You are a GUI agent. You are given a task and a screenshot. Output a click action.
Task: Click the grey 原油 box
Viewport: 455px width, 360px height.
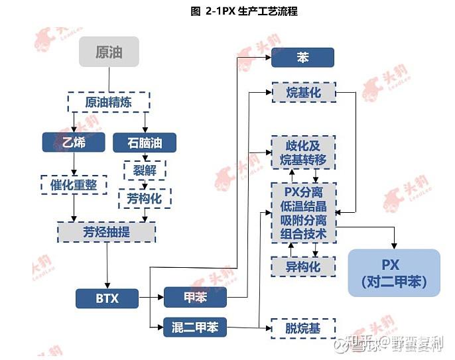tap(109, 52)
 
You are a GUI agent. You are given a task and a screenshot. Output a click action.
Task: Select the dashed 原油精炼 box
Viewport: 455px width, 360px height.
tap(109, 102)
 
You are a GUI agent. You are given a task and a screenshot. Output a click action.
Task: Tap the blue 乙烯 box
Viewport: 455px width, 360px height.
tap(74, 142)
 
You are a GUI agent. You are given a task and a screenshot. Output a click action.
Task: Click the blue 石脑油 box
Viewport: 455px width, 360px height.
tap(144, 142)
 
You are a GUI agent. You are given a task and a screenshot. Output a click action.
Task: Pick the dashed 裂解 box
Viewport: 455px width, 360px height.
tap(144, 170)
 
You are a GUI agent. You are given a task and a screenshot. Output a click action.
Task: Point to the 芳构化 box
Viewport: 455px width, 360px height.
tap(144, 198)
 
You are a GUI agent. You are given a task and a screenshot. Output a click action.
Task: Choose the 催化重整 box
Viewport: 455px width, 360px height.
tap(74, 185)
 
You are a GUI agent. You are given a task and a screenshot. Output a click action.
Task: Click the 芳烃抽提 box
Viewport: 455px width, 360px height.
tap(107, 231)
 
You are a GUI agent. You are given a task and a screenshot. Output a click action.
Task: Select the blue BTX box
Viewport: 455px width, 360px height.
tap(107, 298)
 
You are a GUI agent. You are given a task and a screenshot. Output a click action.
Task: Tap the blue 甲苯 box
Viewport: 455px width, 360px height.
tap(195, 298)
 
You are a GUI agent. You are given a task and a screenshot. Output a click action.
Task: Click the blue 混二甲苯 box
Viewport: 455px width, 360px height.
tap(195, 326)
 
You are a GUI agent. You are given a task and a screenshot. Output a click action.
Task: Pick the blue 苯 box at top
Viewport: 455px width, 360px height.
tap(302, 58)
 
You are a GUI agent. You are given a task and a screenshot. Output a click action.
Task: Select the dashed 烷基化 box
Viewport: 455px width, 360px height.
tap(303, 93)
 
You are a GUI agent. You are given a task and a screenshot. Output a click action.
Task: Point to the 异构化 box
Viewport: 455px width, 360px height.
tap(303, 267)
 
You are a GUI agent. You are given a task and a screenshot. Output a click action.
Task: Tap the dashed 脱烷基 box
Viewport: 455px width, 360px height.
tap(303, 327)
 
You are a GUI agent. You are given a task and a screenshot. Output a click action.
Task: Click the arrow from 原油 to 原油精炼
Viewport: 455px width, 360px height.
tap(109, 79)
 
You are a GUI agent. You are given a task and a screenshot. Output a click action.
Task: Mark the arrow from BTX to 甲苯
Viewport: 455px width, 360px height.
tap(151, 298)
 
